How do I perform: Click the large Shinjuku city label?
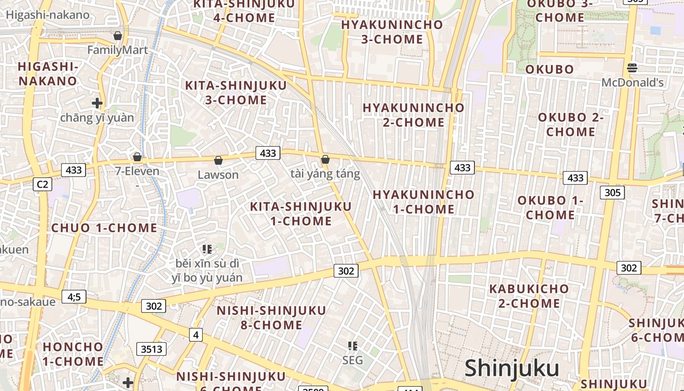(512, 369)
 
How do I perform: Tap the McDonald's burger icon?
(632, 67)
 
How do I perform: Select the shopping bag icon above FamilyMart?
(118, 36)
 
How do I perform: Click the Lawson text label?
(218, 174)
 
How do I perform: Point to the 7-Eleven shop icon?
(137, 157)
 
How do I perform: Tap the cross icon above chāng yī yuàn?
(97, 103)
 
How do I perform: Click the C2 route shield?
(43, 184)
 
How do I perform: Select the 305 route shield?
(612, 192)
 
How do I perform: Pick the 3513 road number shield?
(151, 349)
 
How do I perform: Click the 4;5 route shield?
(74, 296)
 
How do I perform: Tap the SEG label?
(352, 360)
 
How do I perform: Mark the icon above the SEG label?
(352, 346)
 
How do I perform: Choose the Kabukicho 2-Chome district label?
(529, 296)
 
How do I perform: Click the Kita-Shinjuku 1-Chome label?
(300, 214)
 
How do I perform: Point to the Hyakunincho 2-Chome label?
(413, 114)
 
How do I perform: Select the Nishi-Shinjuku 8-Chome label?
(271, 317)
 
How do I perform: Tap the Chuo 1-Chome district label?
(104, 228)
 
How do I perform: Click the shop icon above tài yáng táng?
(325, 159)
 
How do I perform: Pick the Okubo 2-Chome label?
(571, 124)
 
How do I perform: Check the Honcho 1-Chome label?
(73, 354)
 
